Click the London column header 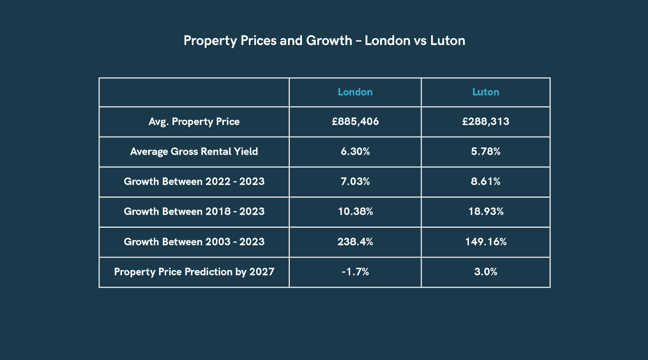pyautogui.click(x=355, y=92)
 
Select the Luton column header pyautogui.click(x=486, y=92)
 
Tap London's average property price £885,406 pyautogui.click(x=355, y=121)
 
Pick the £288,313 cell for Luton pyautogui.click(x=486, y=121)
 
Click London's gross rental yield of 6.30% pyautogui.click(x=355, y=152)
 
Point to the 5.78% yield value pyautogui.click(x=486, y=152)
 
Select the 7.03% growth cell pyautogui.click(x=355, y=182)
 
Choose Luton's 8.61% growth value pyautogui.click(x=486, y=182)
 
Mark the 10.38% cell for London pyautogui.click(x=355, y=212)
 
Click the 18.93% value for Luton pyautogui.click(x=486, y=212)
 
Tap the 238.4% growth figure pyautogui.click(x=355, y=242)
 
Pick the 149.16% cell pyautogui.click(x=486, y=242)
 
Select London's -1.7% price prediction pyautogui.click(x=355, y=272)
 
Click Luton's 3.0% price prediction pyautogui.click(x=486, y=272)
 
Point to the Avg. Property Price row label pyautogui.click(x=194, y=121)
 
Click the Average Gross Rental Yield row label pyautogui.click(x=194, y=152)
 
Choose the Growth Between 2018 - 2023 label pyautogui.click(x=194, y=212)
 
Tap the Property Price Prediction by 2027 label pyautogui.click(x=194, y=272)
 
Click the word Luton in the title pyautogui.click(x=447, y=41)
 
